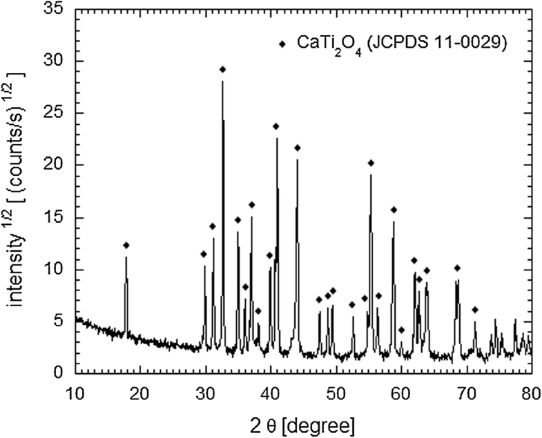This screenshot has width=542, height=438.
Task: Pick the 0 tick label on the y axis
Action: [x=61, y=374]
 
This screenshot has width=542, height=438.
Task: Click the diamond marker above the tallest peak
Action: [x=222, y=70]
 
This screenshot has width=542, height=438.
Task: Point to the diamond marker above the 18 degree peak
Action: [x=126, y=245]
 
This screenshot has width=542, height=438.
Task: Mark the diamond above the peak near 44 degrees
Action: [x=298, y=148]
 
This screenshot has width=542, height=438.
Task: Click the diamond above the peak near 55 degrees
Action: [x=371, y=163]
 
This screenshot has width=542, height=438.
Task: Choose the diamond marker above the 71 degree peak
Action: [x=475, y=310]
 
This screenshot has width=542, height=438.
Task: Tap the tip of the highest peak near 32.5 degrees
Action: [x=222, y=81]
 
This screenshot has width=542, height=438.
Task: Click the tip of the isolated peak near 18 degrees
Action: [x=126, y=257]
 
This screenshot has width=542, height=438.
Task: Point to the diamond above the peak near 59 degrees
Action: [x=394, y=210]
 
